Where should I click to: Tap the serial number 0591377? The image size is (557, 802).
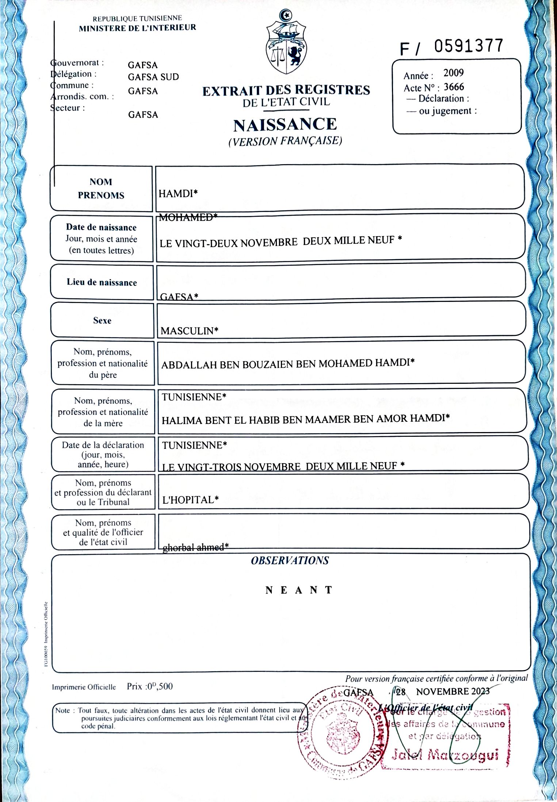pos(469,46)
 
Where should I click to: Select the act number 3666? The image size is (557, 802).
pos(454,87)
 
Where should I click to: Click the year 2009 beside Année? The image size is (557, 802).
pos(453,73)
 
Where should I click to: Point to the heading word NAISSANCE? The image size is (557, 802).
pos(285,125)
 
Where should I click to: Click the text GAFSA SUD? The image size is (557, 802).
pos(153,77)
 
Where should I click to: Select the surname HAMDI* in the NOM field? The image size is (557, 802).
pos(178,193)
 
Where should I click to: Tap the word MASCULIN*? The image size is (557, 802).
pos(189,331)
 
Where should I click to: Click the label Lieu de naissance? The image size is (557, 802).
pos(102,282)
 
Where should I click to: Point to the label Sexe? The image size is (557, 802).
pos(102,321)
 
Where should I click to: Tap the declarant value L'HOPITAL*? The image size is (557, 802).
pos(190,499)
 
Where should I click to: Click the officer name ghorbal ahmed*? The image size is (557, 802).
pos(195,547)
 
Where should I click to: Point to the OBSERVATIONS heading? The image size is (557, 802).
pos(290,561)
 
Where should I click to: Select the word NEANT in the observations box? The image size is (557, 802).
pos(299,590)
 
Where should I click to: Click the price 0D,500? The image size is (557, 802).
pos(159,686)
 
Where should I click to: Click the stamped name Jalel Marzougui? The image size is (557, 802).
pos(445,754)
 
